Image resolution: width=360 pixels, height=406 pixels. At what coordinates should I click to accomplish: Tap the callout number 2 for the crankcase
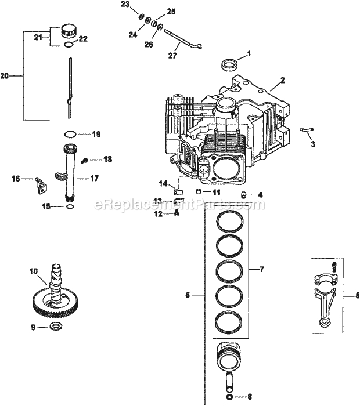click(x=283, y=79)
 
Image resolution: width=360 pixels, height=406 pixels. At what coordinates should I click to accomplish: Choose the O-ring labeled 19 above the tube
click(x=69, y=134)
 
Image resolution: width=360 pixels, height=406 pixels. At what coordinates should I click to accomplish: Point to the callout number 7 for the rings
click(x=262, y=269)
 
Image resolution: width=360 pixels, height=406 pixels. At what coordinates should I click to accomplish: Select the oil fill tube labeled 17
click(x=69, y=174)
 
